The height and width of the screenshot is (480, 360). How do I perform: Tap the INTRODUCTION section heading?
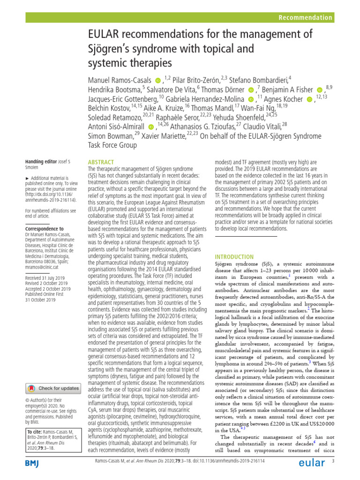[x=234, y=257]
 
